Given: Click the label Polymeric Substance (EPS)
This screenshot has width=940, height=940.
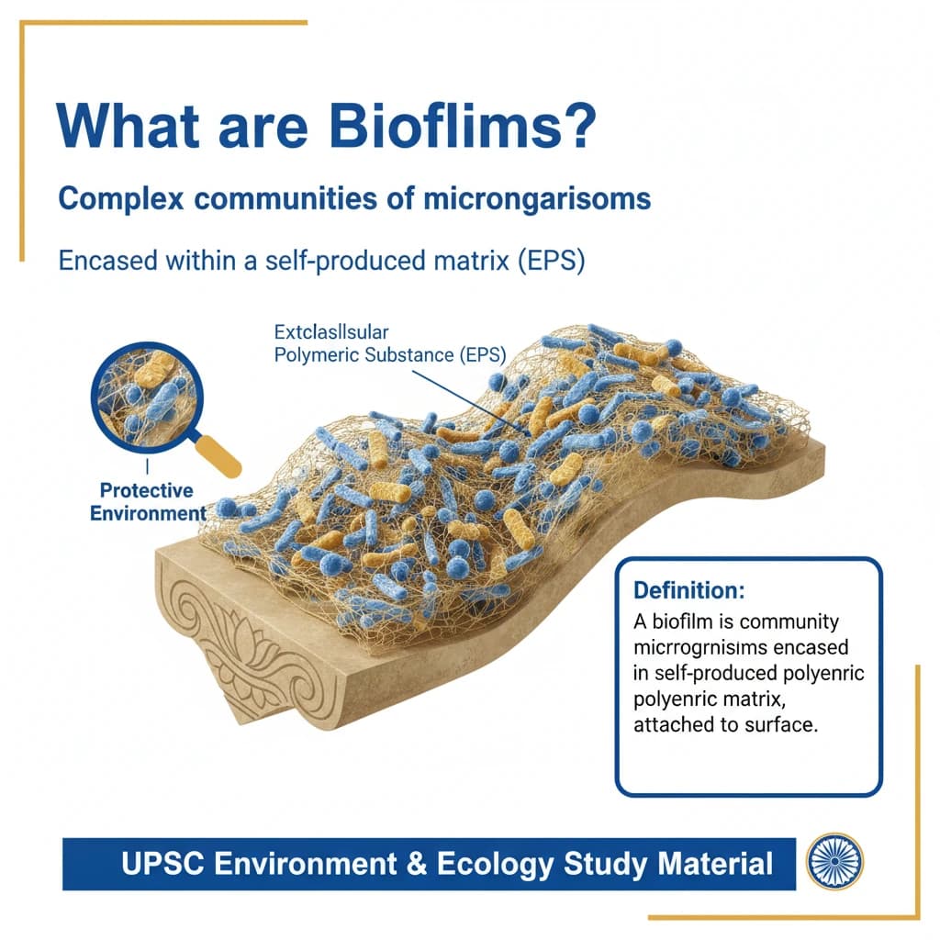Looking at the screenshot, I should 390,354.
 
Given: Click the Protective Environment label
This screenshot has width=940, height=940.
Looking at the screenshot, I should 147,501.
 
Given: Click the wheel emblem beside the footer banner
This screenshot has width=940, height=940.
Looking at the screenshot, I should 833,863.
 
